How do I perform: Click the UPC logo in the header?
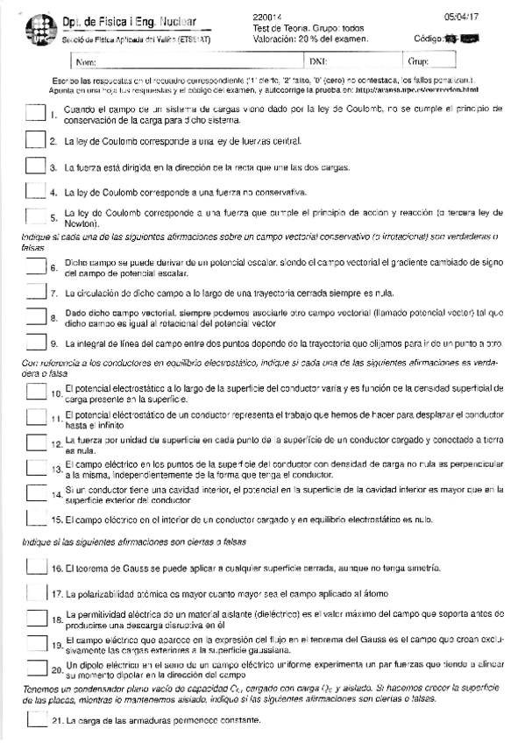point(29,29)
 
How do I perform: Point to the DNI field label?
point(318,62)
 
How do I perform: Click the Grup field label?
point(417,62)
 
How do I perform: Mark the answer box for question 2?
point(35,141)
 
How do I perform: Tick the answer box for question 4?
point(35,190)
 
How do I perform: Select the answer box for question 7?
point(35,293)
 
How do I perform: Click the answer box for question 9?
point(35,343)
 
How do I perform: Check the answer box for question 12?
point(35,443)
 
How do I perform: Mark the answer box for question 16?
point(35,569)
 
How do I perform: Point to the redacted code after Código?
point(464,39)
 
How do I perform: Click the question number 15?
point(58,520)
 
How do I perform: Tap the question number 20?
point(58,670)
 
